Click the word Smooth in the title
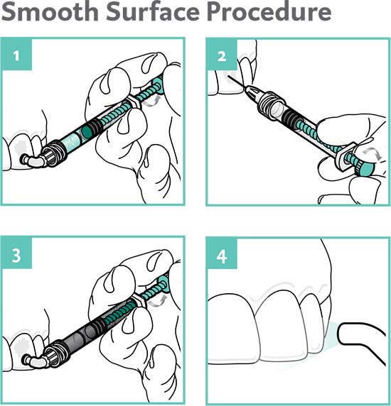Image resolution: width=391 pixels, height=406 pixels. (50, 11)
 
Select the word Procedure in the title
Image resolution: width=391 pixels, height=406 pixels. (269, 11)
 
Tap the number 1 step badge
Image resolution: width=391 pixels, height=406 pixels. (16, 54)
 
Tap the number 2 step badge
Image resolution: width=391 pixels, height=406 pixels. (222, 54)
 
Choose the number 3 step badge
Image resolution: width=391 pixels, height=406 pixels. (16, 253)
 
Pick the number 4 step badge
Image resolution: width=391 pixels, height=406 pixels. (222, 253)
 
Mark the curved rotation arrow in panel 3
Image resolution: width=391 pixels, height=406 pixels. (157, 300)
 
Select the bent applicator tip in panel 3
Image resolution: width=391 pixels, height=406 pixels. (33, 360)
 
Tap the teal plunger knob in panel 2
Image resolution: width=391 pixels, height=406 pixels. (365, 168)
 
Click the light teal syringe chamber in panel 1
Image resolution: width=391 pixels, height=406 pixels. (71, 140)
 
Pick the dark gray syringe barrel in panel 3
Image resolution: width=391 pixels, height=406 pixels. (77, 338)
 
